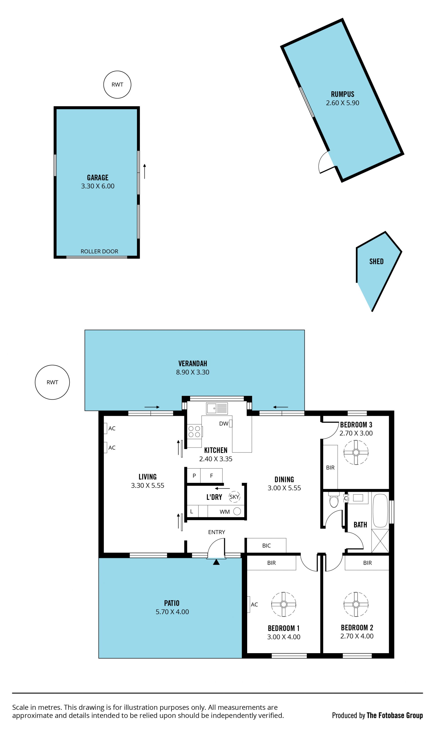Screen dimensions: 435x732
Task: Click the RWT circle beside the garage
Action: (x=117, y=85)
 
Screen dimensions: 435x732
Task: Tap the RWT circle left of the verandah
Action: (x=52, y=382)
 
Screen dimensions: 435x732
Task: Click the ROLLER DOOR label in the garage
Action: (x=99, y=251)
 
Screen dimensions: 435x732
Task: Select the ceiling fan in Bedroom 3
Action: (x=356, y=452)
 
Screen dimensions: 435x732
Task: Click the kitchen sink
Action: (x=217, y=408)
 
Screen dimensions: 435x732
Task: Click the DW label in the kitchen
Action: (x=224, y=423)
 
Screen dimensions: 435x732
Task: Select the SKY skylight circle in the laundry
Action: (x=234, y=497)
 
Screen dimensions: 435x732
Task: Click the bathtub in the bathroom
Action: (x=380, y=510)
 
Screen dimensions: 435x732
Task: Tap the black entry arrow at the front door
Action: (x=216, y=562)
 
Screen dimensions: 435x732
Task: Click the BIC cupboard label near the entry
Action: (x=266, y=545)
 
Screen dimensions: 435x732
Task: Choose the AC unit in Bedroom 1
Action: (x=249, y=604)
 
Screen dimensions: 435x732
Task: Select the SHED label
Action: (x=376, y=261)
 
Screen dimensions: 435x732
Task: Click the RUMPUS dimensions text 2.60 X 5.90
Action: (x=342, y=103)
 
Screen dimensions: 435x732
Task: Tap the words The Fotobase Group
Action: (x=394, y=715)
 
